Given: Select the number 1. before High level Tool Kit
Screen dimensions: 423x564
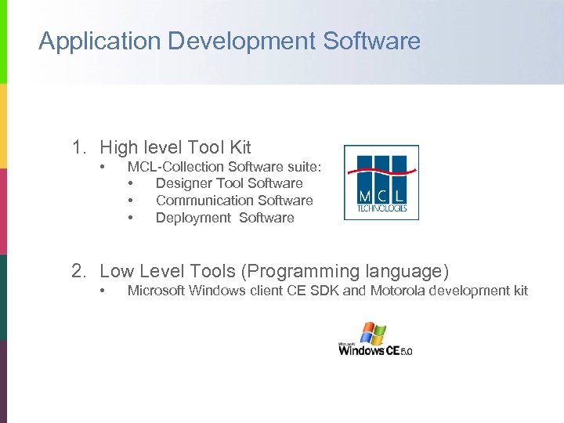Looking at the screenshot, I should (x=80, y=146).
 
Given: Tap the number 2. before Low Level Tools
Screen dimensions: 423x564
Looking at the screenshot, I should (x=80, y=271).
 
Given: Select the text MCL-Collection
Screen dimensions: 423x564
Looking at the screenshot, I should (x=175, y=166).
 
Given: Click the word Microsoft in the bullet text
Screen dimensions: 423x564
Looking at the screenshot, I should (x=157, y=291).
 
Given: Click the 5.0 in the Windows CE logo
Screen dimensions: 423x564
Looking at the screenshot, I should (x=406, y=352).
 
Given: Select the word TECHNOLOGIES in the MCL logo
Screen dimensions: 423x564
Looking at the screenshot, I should (x=381, y=208).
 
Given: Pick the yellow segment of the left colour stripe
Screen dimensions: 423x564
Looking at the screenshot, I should (x=3, y=125).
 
